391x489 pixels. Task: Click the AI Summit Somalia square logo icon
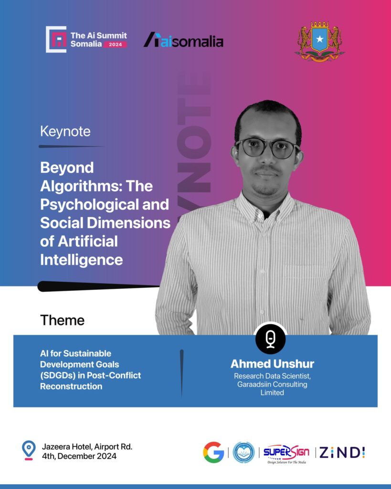(x=56, y=39)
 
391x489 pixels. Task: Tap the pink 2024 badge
(x=115, y=44)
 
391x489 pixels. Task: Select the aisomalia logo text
(x=183, y=40)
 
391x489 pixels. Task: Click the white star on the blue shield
(x=319, y=39)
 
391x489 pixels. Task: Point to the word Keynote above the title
(x=65, y=131)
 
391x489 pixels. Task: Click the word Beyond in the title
(x=67, y=168)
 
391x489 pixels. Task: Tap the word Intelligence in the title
(x=81, y=260)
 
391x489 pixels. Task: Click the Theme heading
(x=63, y=320)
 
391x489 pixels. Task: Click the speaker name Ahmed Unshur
(x=272, y=363)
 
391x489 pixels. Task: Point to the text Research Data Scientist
(x=272, y=376)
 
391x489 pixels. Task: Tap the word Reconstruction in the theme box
(x=71, y=386)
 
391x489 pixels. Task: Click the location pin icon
(x=29, y=450)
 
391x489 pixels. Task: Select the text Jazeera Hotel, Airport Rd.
(x=87, y=447)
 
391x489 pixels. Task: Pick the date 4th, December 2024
(x=79, y=456)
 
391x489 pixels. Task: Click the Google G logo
(x=213, y=452)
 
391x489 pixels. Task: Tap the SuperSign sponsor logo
(x=286, y=454)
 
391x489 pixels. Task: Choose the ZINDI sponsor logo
(x=342, y=453)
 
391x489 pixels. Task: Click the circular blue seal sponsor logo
(x=243, y=452)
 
